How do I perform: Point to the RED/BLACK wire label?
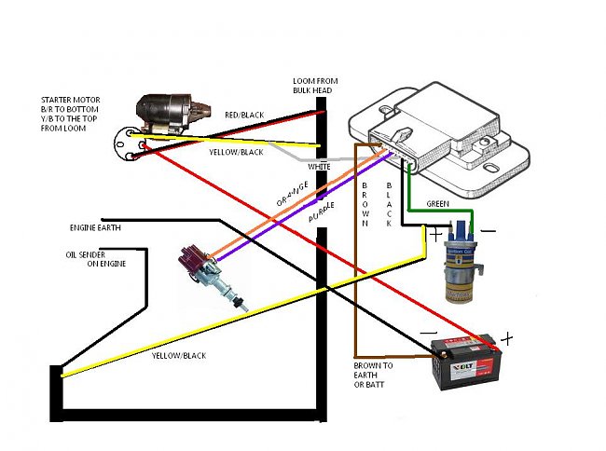pyautogui.click(x=244, y=115)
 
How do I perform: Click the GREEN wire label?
pyautogui.click(x=438, y=203)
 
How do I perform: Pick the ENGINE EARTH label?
pyautogui.click(x=95, y=226)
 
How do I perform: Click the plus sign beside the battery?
pyautogui.click(x=507, y=336)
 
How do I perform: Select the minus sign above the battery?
pyautogui.click(x=430, y=329)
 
